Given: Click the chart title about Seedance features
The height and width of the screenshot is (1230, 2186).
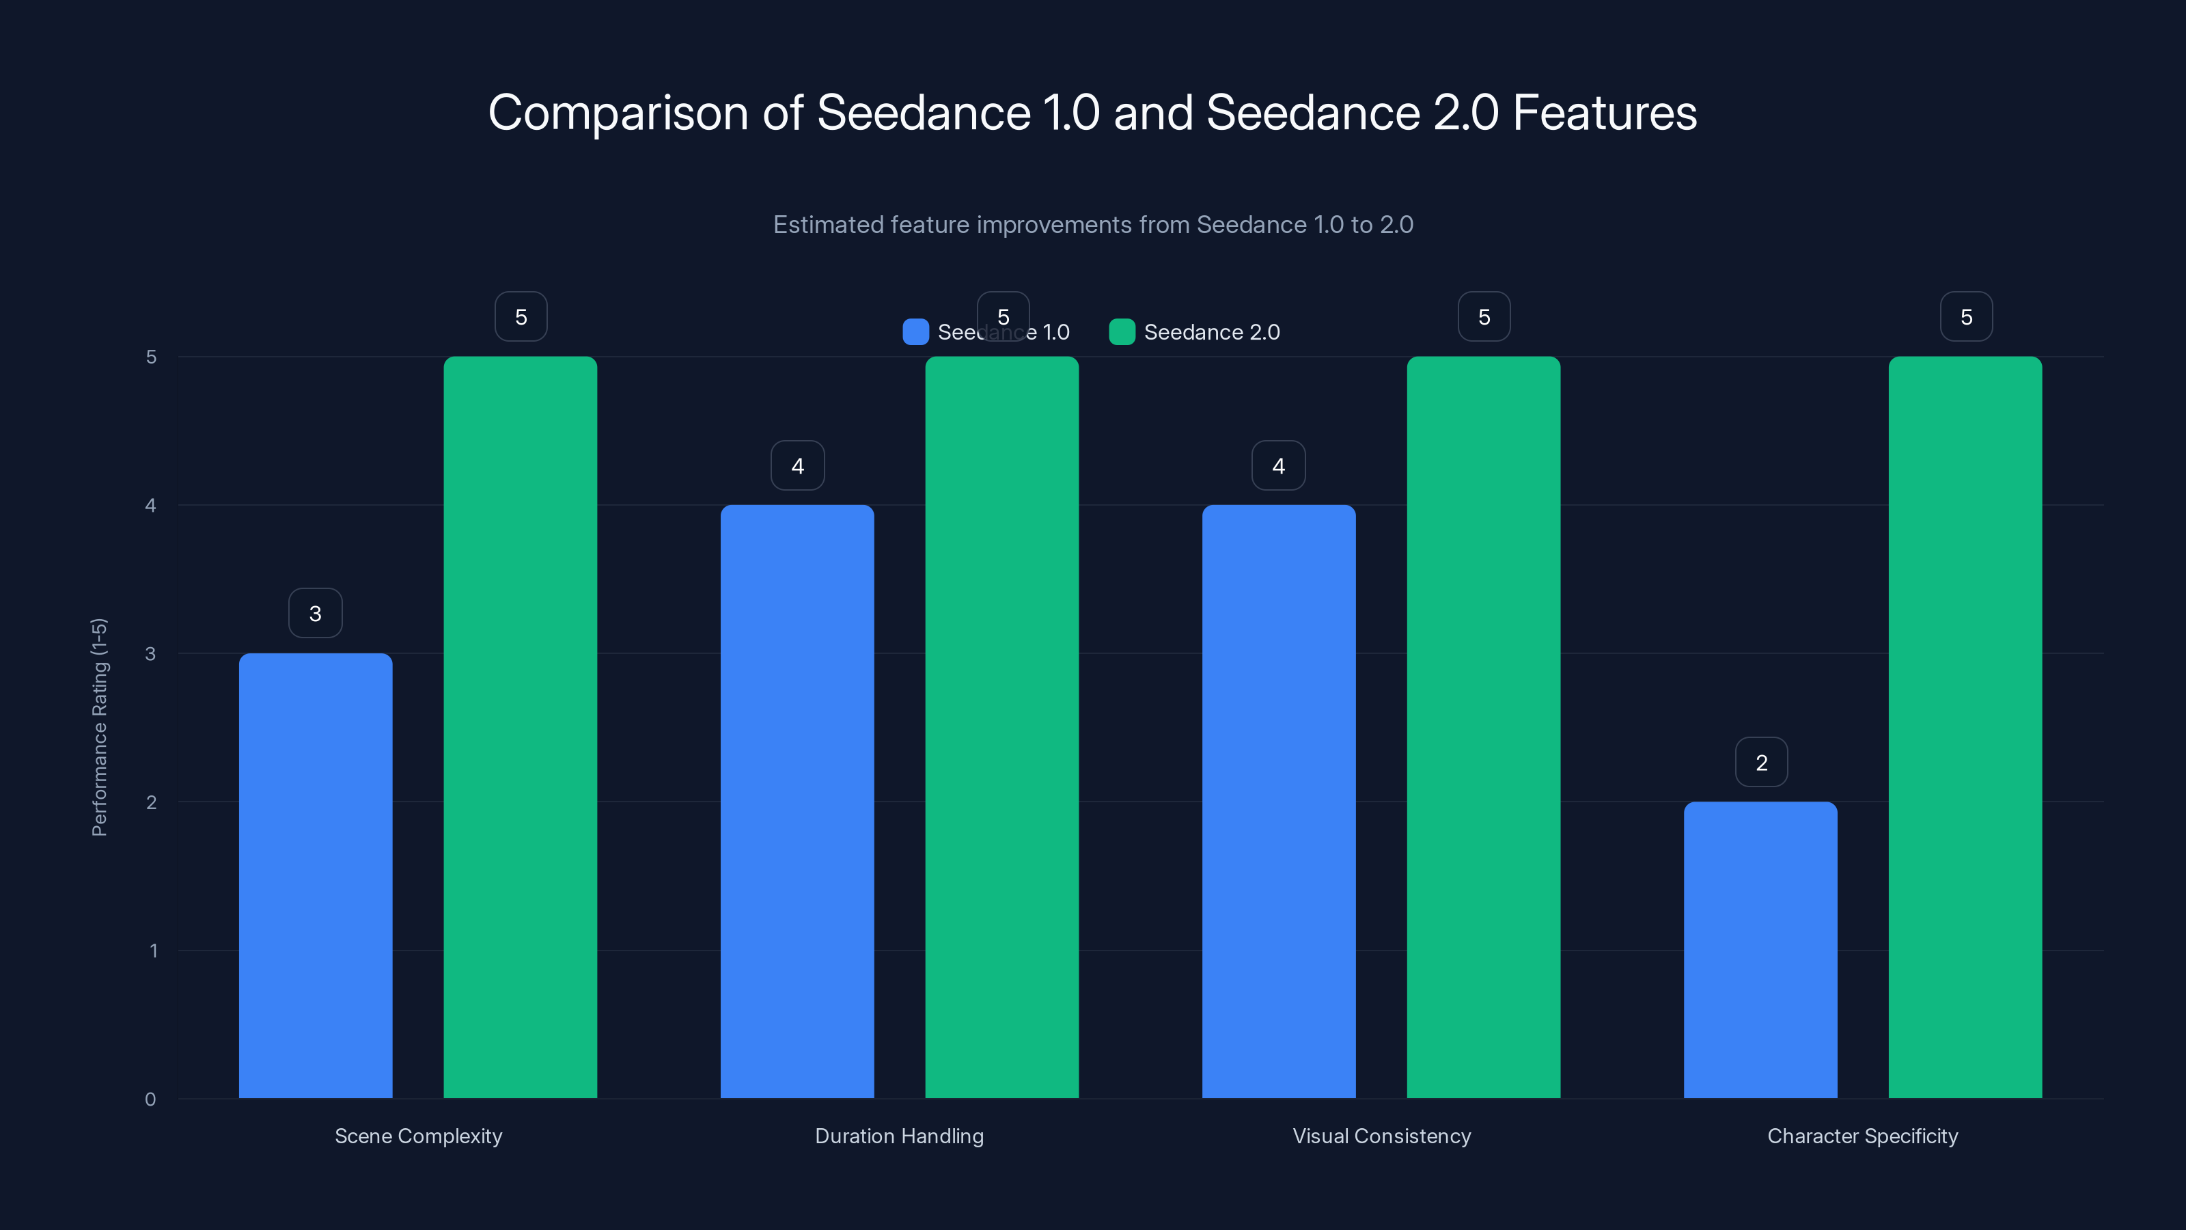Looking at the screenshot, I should [x=1092, y=113].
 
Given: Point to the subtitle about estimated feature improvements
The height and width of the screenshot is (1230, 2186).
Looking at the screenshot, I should [x=1092, y=225].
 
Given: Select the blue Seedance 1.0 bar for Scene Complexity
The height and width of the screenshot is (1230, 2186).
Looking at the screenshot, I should [x=316, y=875].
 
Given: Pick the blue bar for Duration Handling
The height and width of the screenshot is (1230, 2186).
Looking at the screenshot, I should [x=797, y=802].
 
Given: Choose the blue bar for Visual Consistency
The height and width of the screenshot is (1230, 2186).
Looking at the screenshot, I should [x=1278, y=802].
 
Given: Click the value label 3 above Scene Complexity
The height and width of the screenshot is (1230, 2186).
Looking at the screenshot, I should [x=316, y=613].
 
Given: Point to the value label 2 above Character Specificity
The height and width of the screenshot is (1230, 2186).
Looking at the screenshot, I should [x=1761, y=763].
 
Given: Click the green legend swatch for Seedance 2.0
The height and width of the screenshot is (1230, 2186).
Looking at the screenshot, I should [x=1122, y=332].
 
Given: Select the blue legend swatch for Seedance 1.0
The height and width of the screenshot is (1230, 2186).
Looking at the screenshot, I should [x=915, y=332].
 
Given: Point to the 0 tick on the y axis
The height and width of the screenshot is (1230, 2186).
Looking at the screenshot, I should [x=150, y=1099].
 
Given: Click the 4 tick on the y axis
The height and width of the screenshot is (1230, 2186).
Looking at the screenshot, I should [x=150, y=506].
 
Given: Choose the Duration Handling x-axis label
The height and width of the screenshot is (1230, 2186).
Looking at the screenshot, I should [x=900, y=1136].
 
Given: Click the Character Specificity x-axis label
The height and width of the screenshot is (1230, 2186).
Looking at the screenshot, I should [x=1863, y=1136].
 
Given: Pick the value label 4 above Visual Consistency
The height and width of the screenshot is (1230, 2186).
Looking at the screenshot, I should [x=1278, y=465].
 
